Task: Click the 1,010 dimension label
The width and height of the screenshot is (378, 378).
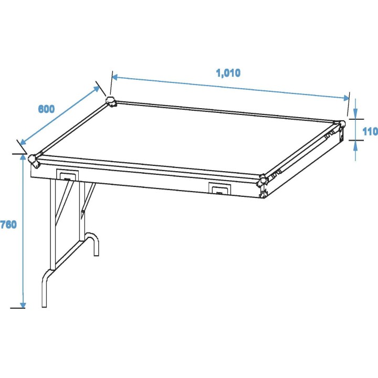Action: (x=228, y=73)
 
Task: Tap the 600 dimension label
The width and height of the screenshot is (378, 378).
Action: (x=46, y=109)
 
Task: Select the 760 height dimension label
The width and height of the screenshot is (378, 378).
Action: (x=8, y=225)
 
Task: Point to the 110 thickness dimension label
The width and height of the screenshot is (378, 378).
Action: (x=370, y=131)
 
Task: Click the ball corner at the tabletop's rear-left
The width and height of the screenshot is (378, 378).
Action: (x=111, y=101)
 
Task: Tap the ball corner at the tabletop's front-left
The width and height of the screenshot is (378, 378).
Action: (x=33, y=159)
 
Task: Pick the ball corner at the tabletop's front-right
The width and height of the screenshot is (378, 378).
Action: (x=262, y=181)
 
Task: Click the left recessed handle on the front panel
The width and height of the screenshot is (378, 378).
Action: (x=67, y=175)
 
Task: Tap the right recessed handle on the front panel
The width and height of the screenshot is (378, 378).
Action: (x=219, y=188)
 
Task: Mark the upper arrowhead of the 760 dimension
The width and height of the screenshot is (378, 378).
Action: (x=23, y=157)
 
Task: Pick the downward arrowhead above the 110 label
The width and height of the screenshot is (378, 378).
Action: (x=355, y=116)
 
